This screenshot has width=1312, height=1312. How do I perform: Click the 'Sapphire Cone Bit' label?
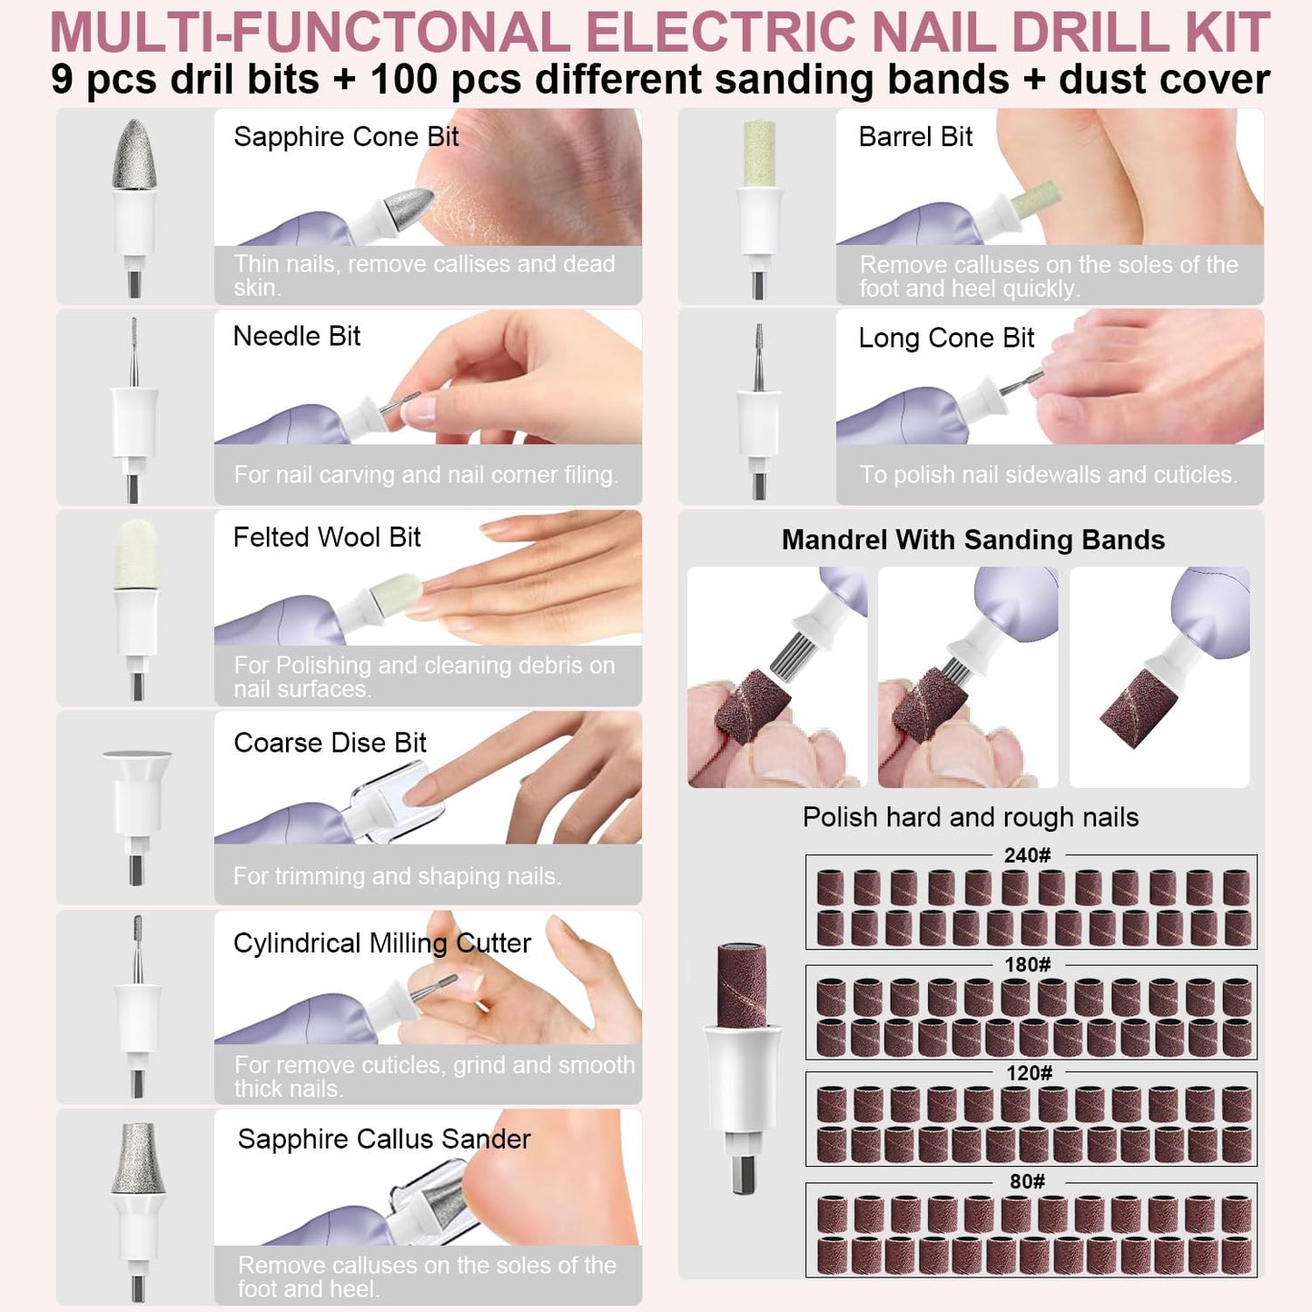[346, 137]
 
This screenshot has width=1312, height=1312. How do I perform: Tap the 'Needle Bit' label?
[297, 337]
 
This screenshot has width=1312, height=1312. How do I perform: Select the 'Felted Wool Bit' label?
[327, 538]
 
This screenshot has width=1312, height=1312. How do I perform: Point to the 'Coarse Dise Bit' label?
[330, 743]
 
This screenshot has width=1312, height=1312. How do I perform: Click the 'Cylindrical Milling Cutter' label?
[381, 943]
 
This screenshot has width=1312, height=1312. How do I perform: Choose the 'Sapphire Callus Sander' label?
[384, 1139]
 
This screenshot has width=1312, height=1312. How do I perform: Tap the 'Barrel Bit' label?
[915, 137]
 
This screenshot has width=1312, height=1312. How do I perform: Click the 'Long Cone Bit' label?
[946, 339]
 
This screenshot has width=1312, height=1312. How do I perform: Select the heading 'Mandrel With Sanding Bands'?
[972, 540]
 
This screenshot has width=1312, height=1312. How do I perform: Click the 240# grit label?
[1027, 855]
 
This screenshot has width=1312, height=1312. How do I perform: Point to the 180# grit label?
[1027, 964]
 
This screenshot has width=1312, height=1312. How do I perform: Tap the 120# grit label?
[1029, 1073]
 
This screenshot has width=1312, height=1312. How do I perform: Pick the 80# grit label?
[1027, 1181]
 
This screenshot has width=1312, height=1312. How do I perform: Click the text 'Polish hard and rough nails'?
[970, 817]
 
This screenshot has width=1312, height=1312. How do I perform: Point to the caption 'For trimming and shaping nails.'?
[397, 876]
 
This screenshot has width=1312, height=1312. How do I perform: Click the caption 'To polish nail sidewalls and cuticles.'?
[1048, 475]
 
